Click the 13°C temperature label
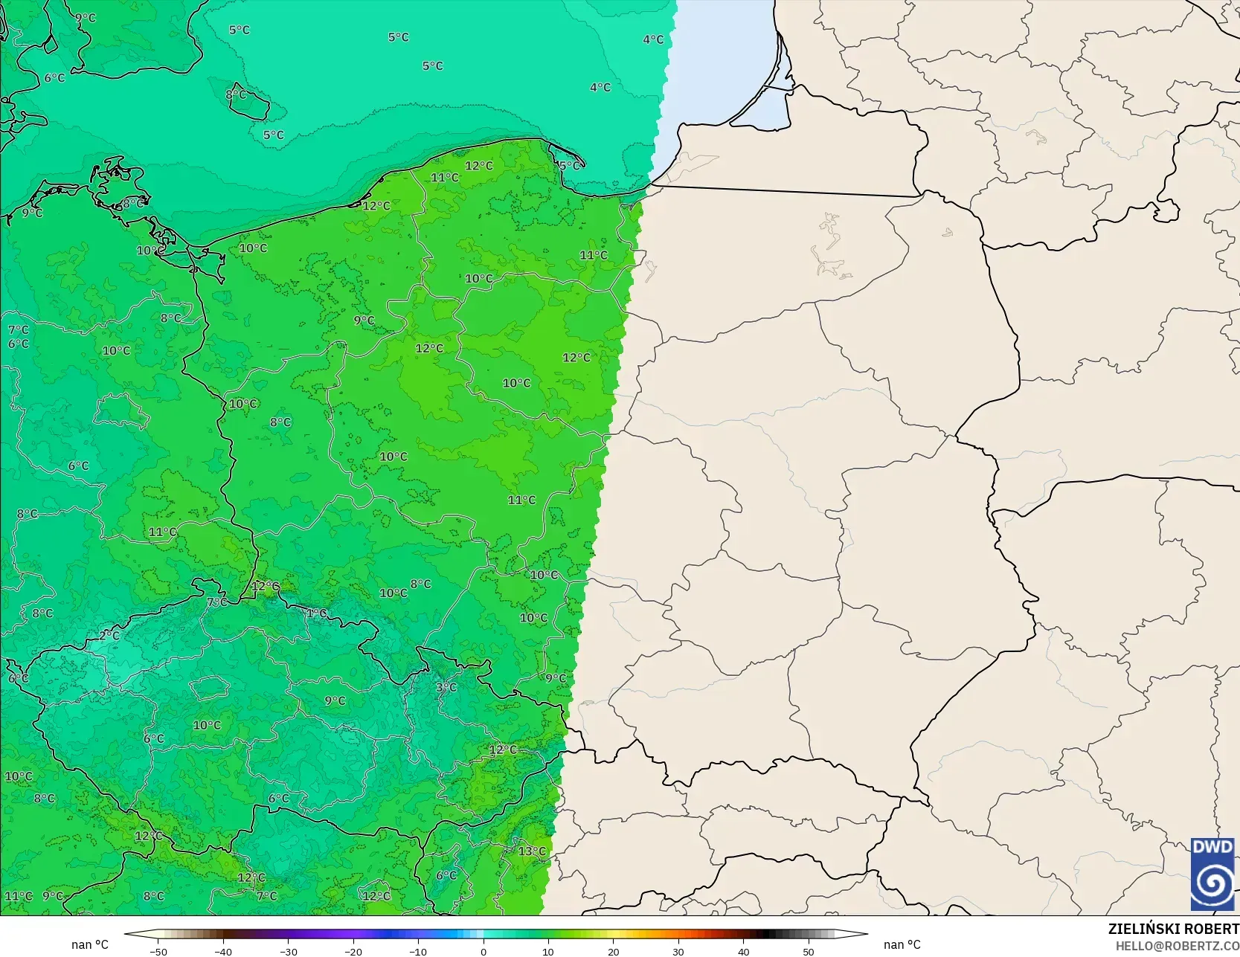[532, 851]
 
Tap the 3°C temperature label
[446, 687]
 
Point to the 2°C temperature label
[109, 635]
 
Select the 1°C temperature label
[316, 613]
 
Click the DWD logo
[1212, 874]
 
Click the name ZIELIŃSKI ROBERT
[1173, 929]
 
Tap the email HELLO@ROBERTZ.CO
[1177, 945]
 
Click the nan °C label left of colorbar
[90, 944]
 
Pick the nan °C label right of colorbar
[902, 944]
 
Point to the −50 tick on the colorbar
[158, 951]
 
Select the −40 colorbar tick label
[223, 951]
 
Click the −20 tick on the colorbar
[353, 951]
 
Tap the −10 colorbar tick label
[418, 951]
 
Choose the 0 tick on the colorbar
[484, 951]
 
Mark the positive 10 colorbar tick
[548, 951]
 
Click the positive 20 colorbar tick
[613, 951]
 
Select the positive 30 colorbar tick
[678, 951]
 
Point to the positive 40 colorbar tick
[743, 951]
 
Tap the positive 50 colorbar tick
[809, 951]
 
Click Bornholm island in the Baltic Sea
[248, 103]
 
